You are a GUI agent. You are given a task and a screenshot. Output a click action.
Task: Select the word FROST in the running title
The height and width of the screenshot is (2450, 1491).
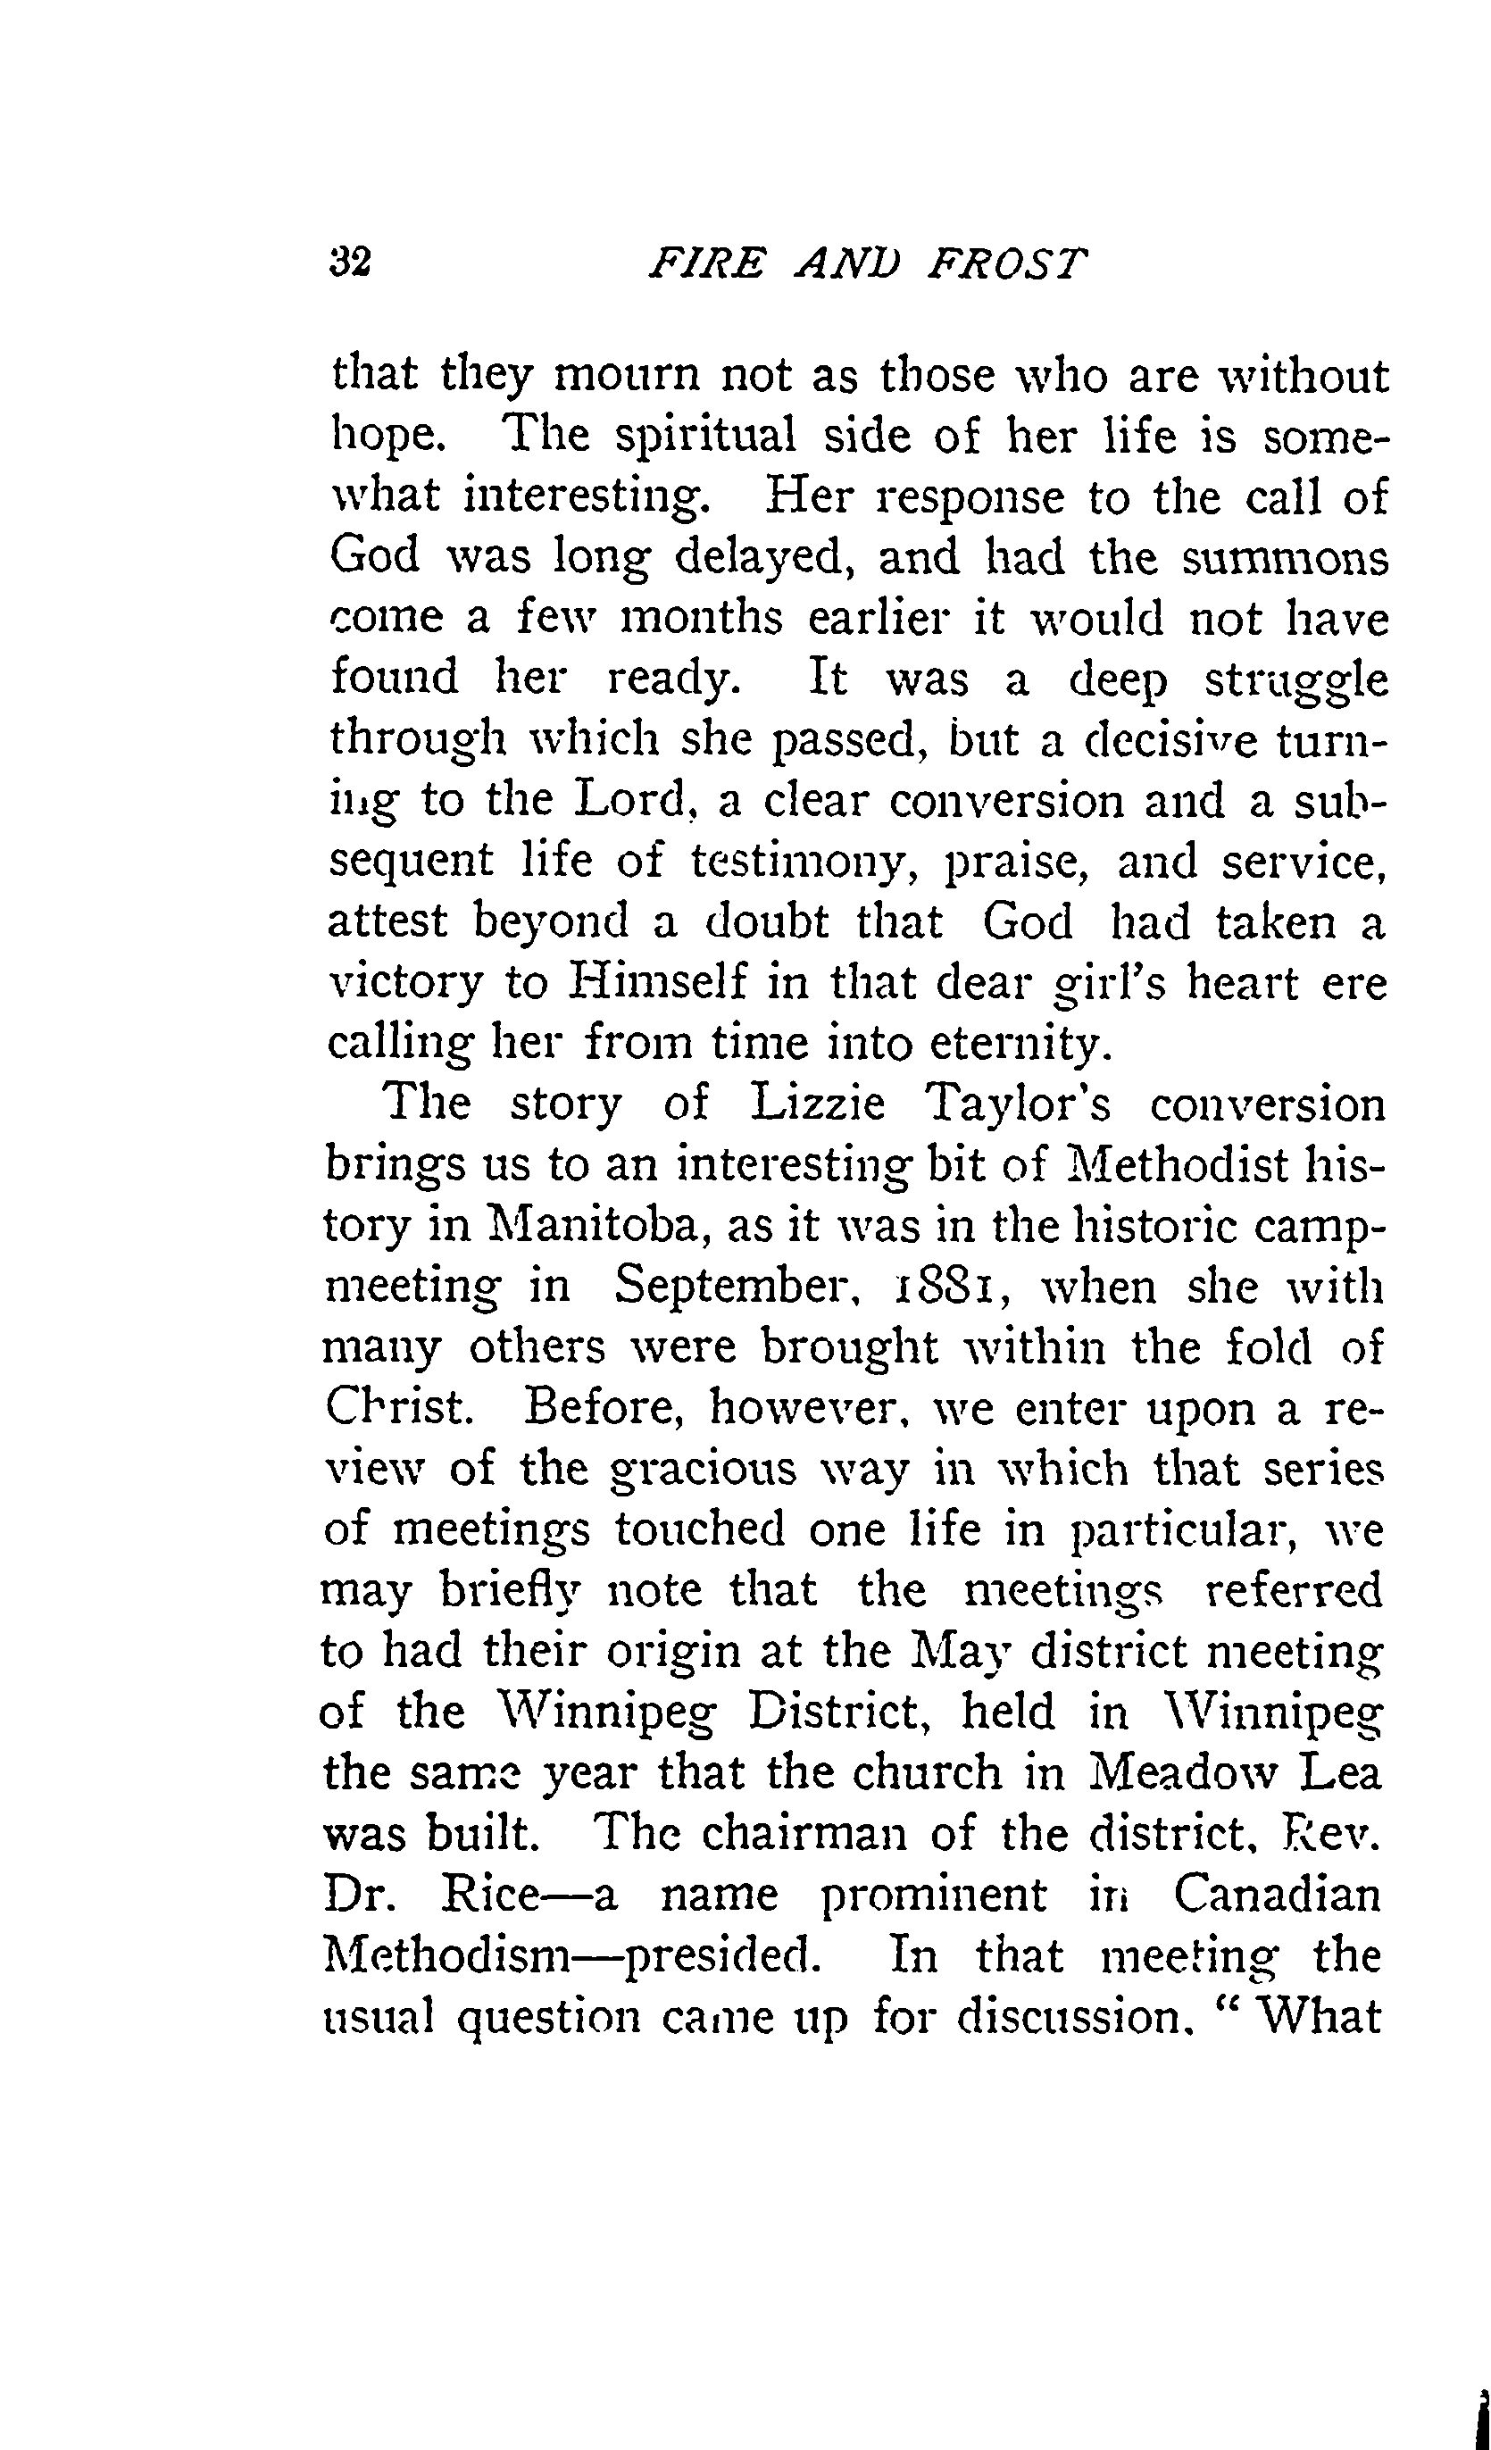[1010, 263]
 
